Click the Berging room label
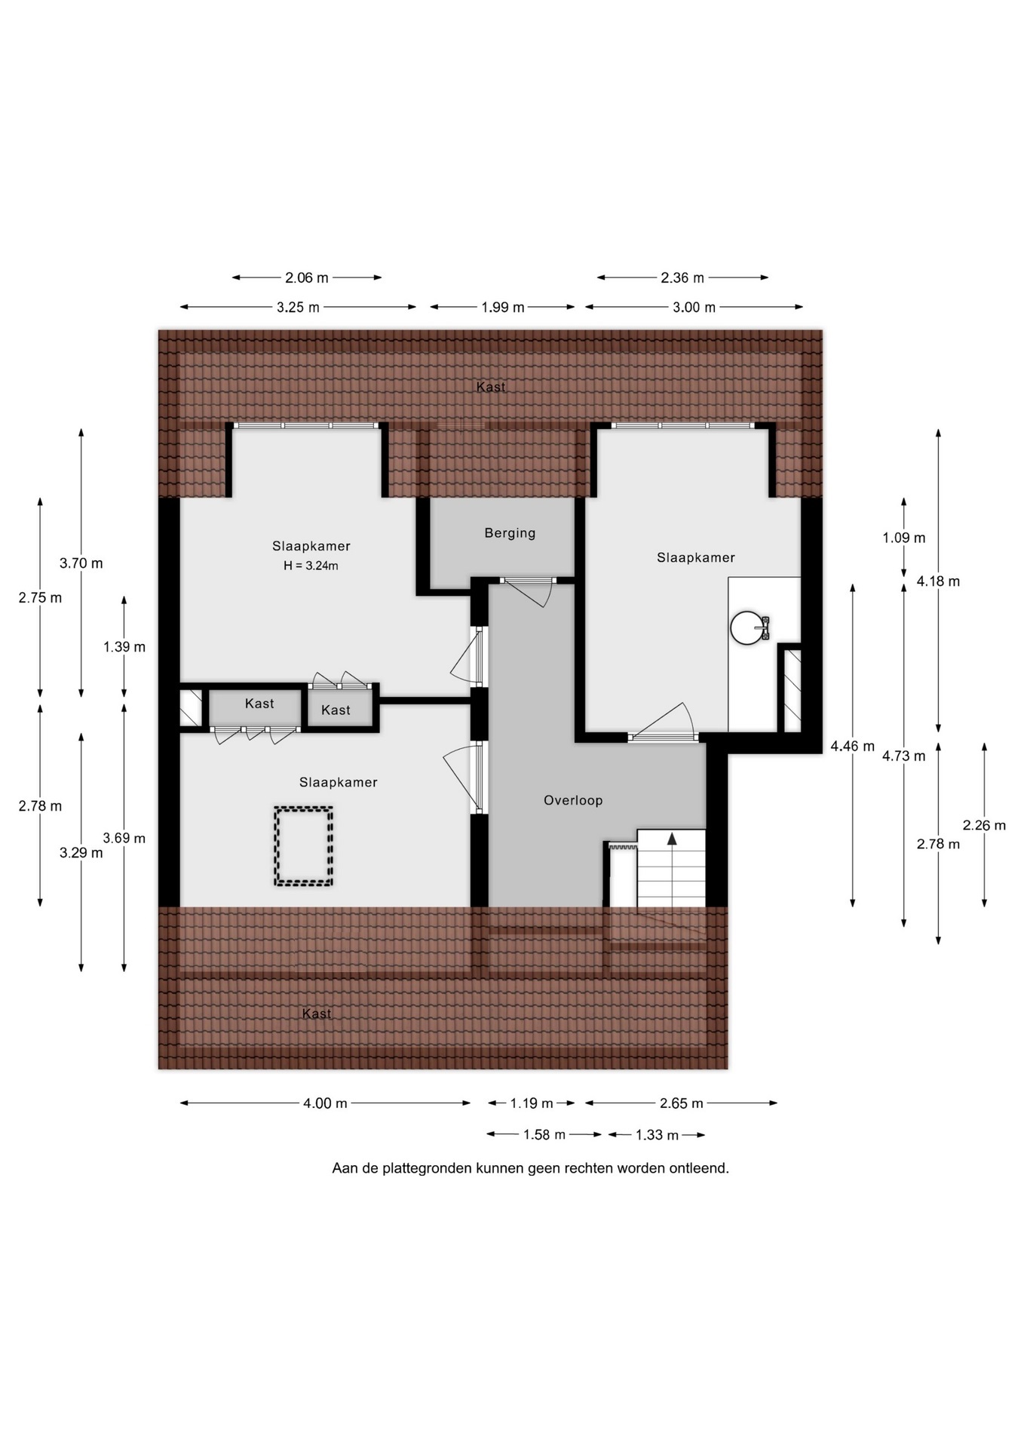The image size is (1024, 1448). (510, 533)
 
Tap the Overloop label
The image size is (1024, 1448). (573, 800)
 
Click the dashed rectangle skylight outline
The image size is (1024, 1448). (303, 846)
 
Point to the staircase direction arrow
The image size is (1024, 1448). (672, 839)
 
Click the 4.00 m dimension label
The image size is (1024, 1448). (325, 1103)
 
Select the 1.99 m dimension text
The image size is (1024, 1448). (503, 307)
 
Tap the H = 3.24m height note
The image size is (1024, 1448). (311, 566)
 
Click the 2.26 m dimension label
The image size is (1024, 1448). (984, 825)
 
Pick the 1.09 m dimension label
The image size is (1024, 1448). (904, 538)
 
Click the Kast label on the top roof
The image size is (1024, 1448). (491, 387)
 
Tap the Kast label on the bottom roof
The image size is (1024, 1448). (317, 1014)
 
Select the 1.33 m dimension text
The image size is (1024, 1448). (657, 1135)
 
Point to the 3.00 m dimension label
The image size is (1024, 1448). (694, 307)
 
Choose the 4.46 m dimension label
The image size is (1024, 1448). (853, 746)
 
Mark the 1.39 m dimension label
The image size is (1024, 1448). (124, 646)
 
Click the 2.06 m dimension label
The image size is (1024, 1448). (307, 278)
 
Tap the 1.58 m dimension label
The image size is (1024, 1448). (544, 1135)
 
